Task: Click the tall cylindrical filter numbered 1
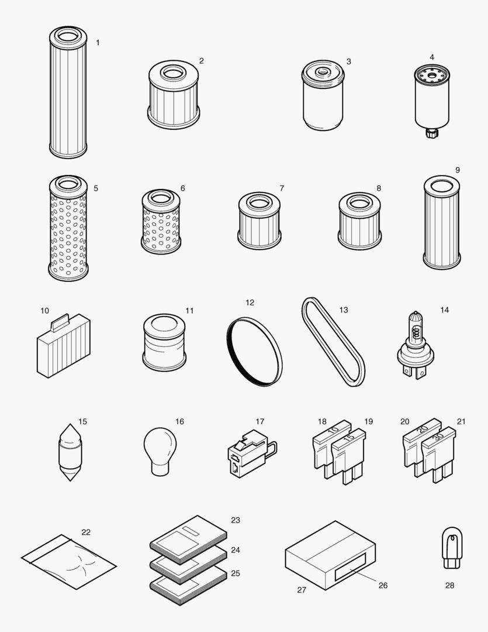(x=68, y=94)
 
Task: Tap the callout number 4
(x=432, y=57)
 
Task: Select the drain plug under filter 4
(x=431, y=132)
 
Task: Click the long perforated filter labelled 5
(x=68, y=228)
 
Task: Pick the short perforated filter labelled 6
(x=160, y=222)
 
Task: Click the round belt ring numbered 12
(x=254, y=352)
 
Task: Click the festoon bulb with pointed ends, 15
(x=71, y=452)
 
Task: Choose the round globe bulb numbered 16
(x=160, y=448)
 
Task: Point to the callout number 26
(x=383, y=585)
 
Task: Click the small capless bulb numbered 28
(x=452, y=547)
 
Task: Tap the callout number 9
(x=458, y=170)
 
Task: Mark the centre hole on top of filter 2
(x=173, y=74)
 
